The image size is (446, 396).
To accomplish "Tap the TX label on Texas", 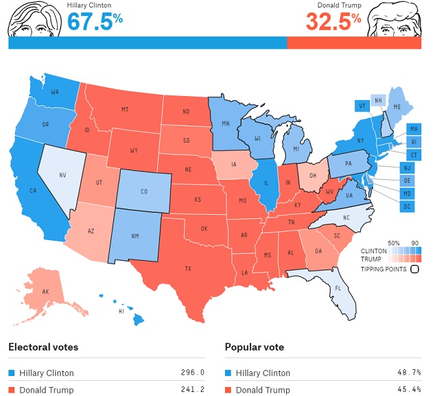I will pos(188,268).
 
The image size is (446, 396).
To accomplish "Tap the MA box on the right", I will pos(414,129).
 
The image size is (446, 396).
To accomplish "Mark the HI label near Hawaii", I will pos(121,311).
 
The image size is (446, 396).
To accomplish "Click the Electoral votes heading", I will pos(43,347).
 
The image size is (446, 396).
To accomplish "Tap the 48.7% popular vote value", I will pos(409,373).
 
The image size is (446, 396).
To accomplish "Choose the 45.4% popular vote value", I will pos(409,391).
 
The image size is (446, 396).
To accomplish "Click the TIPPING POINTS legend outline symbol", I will pos(414,269).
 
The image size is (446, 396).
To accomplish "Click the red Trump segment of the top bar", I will pos(353,43).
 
